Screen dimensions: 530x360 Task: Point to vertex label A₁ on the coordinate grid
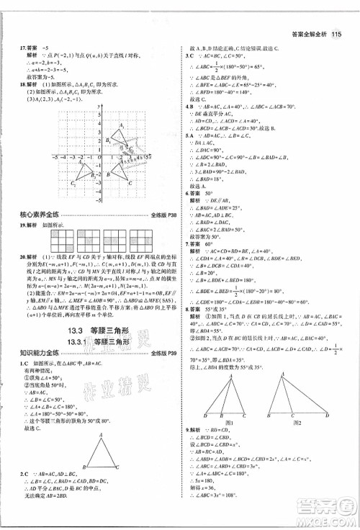[122, 125]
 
